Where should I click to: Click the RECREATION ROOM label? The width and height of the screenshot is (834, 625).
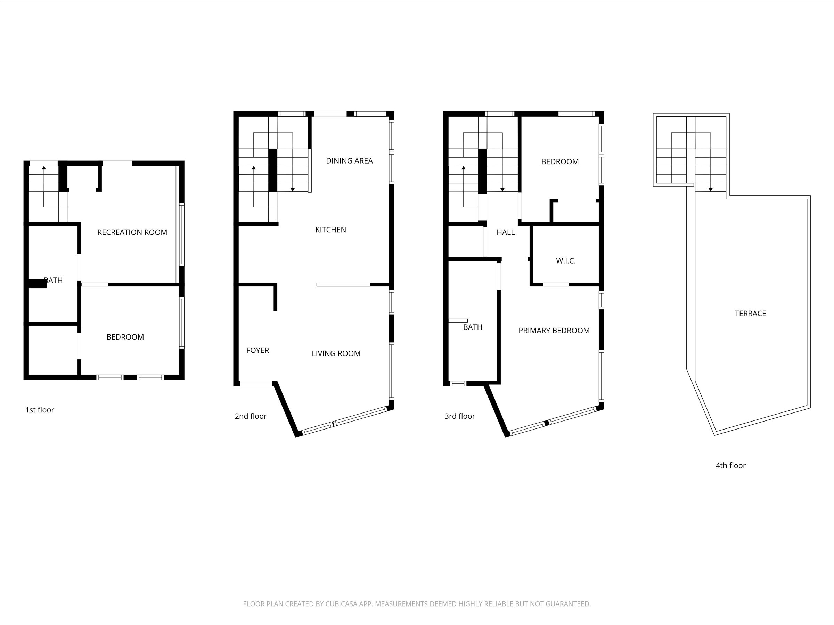[132, 232]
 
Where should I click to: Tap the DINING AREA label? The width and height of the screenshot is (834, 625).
[349, 161]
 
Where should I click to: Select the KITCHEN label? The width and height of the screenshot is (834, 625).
[331, 230]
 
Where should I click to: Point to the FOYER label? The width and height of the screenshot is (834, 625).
[257, 350]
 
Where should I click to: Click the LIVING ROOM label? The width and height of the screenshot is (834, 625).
[336, 353]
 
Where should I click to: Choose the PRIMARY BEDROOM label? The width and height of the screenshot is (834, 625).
[554, 331]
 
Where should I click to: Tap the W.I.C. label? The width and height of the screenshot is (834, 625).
[565, 261]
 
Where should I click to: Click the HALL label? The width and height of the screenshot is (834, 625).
[506, 232]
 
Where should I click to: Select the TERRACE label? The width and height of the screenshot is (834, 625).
[750, 314]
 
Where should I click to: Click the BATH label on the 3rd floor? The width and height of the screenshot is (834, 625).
[472, 327]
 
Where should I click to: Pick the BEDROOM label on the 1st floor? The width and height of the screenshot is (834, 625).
[125, 337]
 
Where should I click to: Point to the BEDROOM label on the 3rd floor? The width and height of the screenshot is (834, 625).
[560, 161]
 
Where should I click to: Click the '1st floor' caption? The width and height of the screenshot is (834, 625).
[40, 410]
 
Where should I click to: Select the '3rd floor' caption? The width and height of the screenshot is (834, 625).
[460, 416]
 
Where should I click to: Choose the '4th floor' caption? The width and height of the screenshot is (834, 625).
[731, 466]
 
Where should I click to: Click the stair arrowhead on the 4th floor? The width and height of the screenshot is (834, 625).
[711, 190]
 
